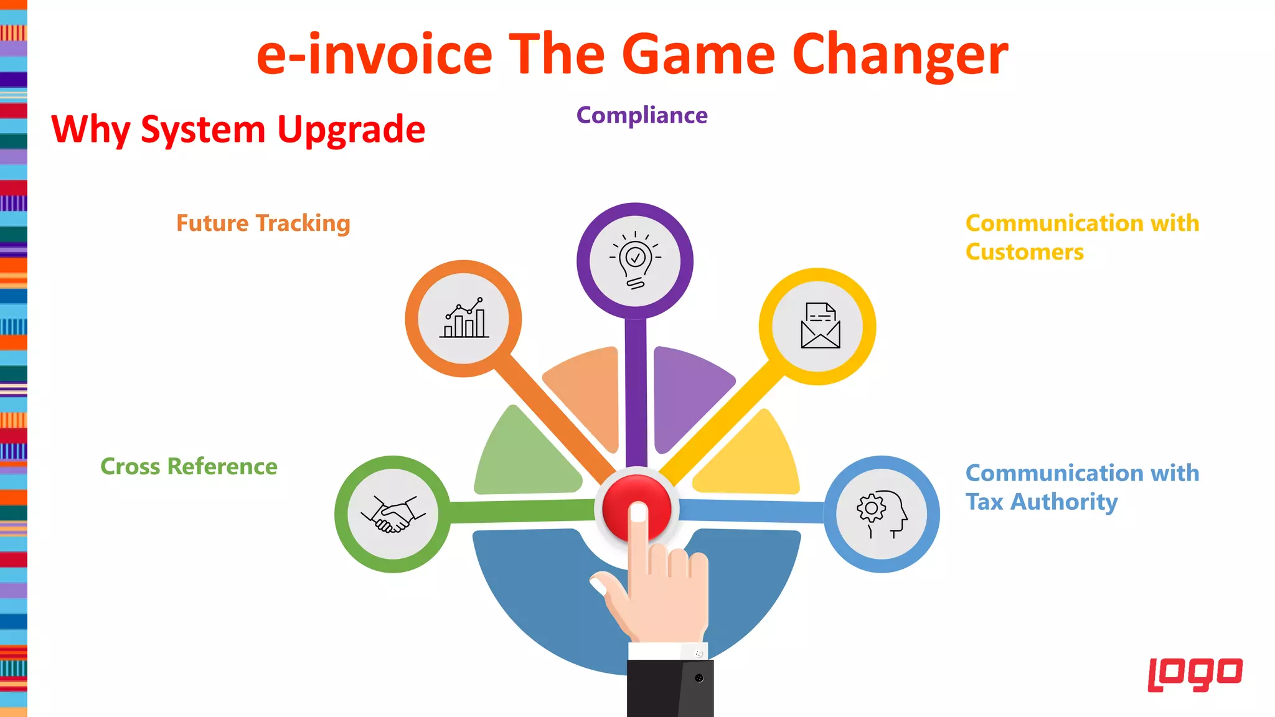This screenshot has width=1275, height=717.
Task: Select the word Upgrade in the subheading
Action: pyautogui.click(x=351, y=130)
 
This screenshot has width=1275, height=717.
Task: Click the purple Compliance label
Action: pyautogui.click(x=642, y=116)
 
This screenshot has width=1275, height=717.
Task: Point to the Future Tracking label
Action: pyautogui.click(x=263, y=223)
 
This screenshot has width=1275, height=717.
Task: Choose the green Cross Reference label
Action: pyautogui.click(x=189, y=467)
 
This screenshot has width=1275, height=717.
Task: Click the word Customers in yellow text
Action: pyautogui.click(x=1024, y=252)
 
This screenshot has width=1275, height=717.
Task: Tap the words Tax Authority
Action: pyautogui.click(x=1042, y=502)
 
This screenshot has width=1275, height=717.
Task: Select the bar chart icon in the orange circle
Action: pyautogui.click(x=464, y=318)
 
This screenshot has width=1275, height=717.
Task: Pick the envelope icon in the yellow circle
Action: pyautogui.click(x=820, y=326)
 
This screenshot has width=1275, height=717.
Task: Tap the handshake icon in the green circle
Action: pyautogui.click(x=393, y=514)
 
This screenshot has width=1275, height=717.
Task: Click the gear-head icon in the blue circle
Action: pyautogui.click(x=882, y=513)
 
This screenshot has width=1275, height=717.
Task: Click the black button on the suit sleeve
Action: pyautogui.click(x=699, y=678)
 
